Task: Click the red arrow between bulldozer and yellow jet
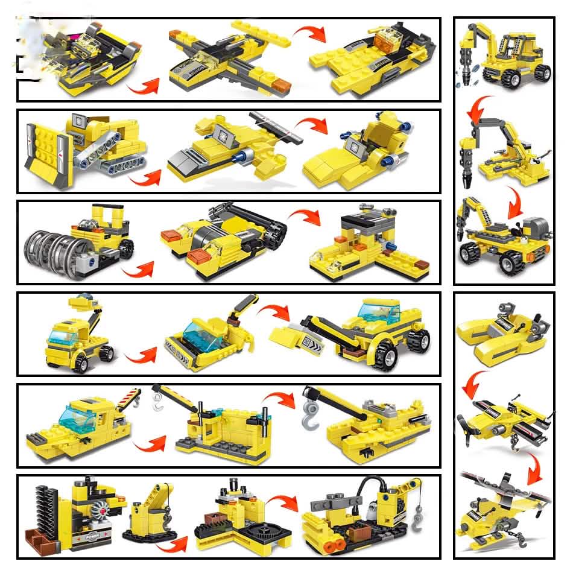(147, 177)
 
